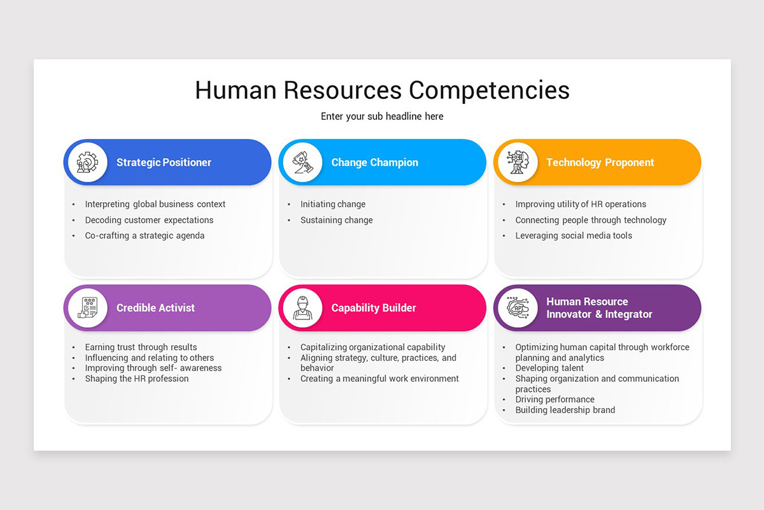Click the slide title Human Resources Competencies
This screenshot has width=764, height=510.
382,90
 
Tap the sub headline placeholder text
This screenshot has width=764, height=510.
382,117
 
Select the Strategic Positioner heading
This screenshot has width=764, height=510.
164,163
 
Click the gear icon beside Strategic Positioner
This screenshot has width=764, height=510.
88,163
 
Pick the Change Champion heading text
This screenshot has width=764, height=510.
374,163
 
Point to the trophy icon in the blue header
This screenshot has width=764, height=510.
302,163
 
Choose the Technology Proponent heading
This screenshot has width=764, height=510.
600,163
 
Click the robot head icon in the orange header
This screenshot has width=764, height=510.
518,163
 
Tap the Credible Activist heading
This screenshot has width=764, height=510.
155,308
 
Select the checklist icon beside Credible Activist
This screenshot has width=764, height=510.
88,308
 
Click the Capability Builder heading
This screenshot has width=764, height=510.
374,308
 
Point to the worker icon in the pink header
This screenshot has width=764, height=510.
302,308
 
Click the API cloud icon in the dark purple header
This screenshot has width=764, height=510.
518,308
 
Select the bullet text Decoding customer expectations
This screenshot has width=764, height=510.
149,220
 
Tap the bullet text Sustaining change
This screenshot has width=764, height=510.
337,220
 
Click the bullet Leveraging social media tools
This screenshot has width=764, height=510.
574,236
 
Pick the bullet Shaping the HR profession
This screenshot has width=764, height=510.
137,379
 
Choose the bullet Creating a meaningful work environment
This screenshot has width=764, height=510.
379,379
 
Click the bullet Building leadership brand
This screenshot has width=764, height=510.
565,410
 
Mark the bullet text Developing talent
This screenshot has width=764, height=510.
549,368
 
